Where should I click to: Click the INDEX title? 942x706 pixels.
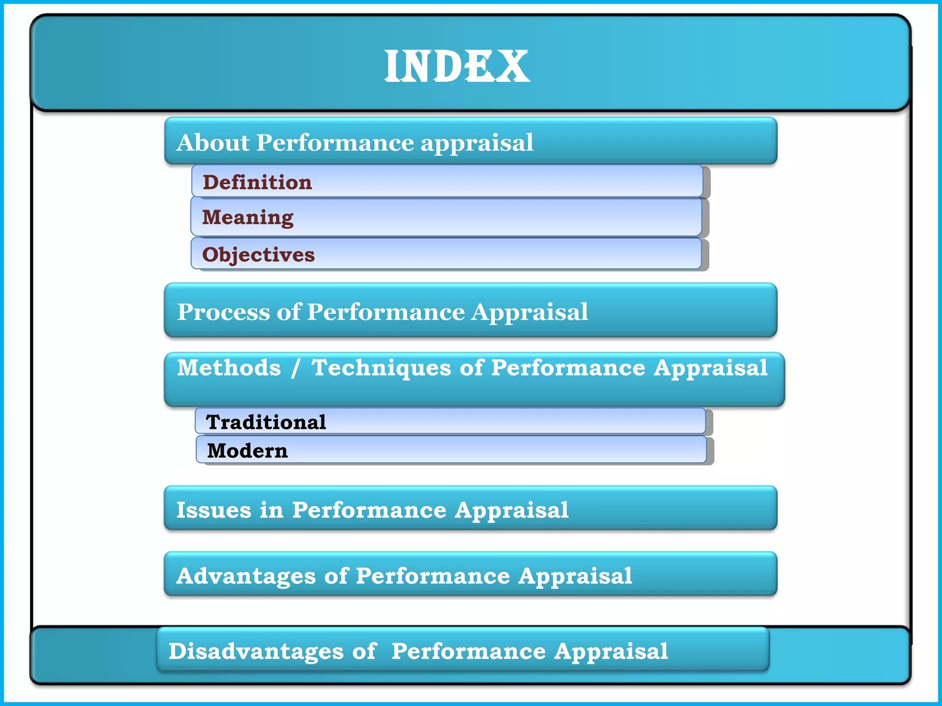click(x=457, y=67)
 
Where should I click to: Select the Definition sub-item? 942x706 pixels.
click(x=257, y=182)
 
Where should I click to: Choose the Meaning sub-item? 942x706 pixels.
click(x=247, y=217)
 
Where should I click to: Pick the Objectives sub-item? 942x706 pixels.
click(x=258, y=255)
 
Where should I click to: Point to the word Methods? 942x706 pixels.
click(x=229, y=368)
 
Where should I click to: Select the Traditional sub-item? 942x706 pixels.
click(x=266, y=422)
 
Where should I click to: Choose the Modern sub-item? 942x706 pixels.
click(x=247, y=450)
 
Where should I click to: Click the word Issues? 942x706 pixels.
click(x=213, y=510)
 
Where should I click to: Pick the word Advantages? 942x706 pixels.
click(x=246, y=576)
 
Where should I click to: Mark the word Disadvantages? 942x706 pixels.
click(x=256, y=651)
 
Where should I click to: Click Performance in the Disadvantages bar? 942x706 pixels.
click(x=469, y=651)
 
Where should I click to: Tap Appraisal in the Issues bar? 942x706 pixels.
click(x=511, y=511)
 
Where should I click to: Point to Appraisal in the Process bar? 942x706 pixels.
click(x=530, y=313)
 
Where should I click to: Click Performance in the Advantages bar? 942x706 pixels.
click(x=433, y=576)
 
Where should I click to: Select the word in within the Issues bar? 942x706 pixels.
click(x=271, y=510)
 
